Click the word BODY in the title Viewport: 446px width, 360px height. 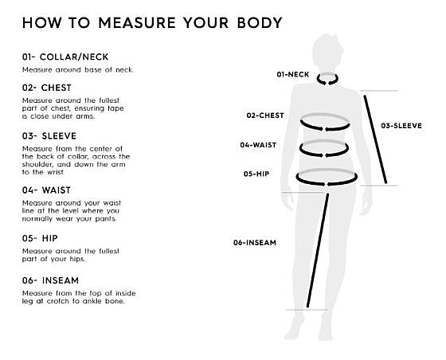point(260,23)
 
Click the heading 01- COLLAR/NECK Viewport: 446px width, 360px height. point(65,57)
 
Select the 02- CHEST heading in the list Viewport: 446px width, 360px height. point(47,88)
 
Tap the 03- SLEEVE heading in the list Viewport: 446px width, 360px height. point(49,136)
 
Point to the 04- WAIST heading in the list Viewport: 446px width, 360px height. point(46,190)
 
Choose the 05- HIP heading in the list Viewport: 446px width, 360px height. point(40,238)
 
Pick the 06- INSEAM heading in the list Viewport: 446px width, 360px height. point(50,280)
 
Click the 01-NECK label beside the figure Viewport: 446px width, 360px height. point(293,75)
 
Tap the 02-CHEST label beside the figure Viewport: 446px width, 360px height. point(265,115)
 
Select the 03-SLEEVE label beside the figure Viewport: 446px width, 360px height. point(401,126)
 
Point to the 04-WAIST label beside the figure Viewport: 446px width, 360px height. point(258,145)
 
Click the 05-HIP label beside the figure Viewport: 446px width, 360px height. point(256,174)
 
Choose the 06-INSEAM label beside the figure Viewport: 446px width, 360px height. point(255,243)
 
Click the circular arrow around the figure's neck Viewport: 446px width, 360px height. point(327,83)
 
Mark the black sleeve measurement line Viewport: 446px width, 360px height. point(375,139)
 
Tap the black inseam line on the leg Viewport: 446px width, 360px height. point(318,250)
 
